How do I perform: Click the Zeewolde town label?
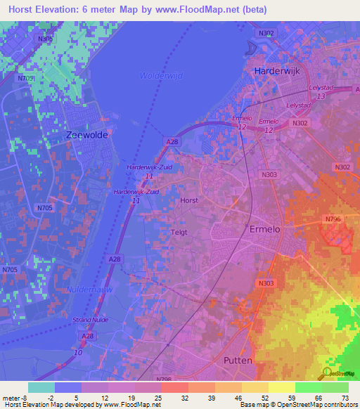point(86,135)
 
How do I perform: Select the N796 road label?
point(333,220)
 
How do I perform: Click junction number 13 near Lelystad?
point(321,96)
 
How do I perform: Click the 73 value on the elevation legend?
point(344,398)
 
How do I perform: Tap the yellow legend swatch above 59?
point(282,387)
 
